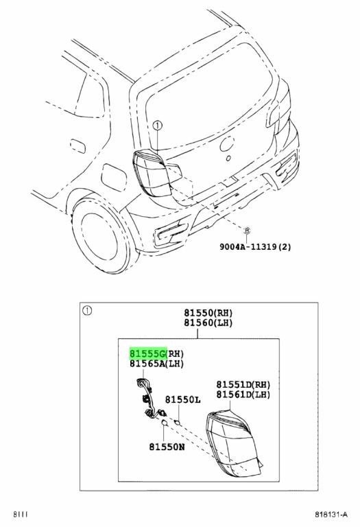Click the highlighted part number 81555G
click(x=148, y=353)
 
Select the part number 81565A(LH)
click(x=157, y=364)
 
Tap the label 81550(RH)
click(x=208, y=313)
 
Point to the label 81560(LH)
click(x=208, y=323)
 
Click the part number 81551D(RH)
click(x=243, y=384)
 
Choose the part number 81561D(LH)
click(x=243, y=395)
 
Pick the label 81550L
click(x=182, y=399)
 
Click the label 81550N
click(x=167, y=447)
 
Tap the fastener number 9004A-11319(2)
click(x=256, y=247)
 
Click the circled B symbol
click(x=247, y=231)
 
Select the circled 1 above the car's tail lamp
click(x=157, y=126)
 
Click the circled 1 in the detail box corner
click(x=87, y=311)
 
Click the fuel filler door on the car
click(x=114, y=177)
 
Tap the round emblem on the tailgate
click(x=227, y=143)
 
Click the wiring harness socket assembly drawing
click(x=150, y=399)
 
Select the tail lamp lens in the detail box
click(x=234, y=443)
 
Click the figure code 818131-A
click(x=331, y=514)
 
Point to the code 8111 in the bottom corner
click(x=21, y=514)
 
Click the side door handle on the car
click(x=78, y=146)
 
